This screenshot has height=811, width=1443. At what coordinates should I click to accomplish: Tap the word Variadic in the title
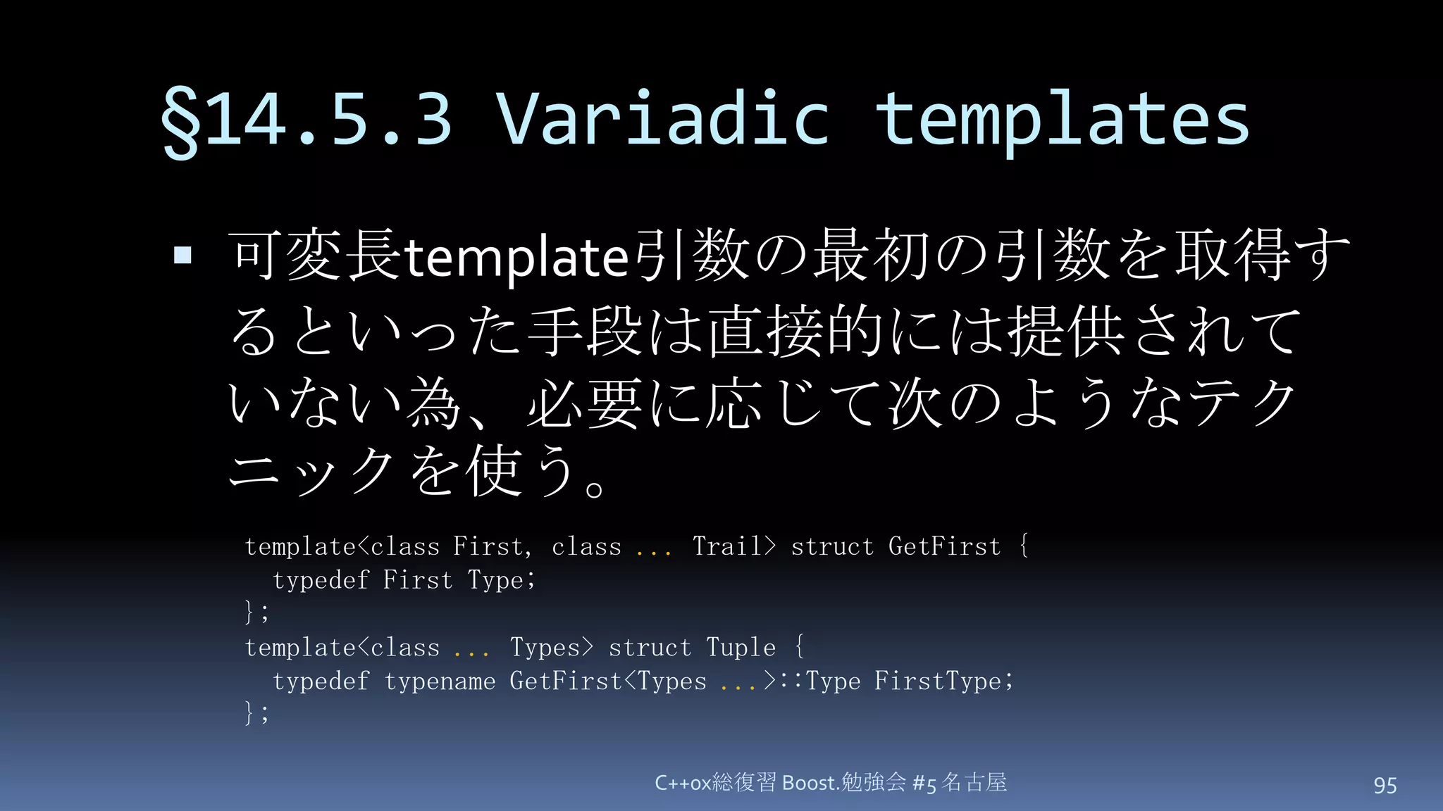coord(662,118)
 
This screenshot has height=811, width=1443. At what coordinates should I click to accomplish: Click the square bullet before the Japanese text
coord(182,255)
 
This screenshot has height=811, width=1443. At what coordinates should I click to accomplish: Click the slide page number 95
coord(1385,785)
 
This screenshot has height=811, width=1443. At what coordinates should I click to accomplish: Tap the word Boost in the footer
coord(808,783)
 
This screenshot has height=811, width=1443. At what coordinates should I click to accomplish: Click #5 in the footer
coord(924,784)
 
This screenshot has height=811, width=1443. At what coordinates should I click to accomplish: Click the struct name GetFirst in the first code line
coord(944,546)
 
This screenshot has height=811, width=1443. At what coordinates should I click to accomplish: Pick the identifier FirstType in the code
coord(937,681)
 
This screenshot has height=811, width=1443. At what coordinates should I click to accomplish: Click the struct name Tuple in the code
coord(741,648)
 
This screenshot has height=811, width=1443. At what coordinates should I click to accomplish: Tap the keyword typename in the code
coord(440,681)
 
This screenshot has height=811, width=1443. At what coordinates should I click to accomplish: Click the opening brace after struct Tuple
coord(798,647)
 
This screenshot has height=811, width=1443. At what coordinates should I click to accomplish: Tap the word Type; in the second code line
coord(501,580)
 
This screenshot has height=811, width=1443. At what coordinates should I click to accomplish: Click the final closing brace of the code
coord(249,712)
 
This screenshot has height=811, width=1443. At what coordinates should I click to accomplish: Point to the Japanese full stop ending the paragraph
coord(594,487)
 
